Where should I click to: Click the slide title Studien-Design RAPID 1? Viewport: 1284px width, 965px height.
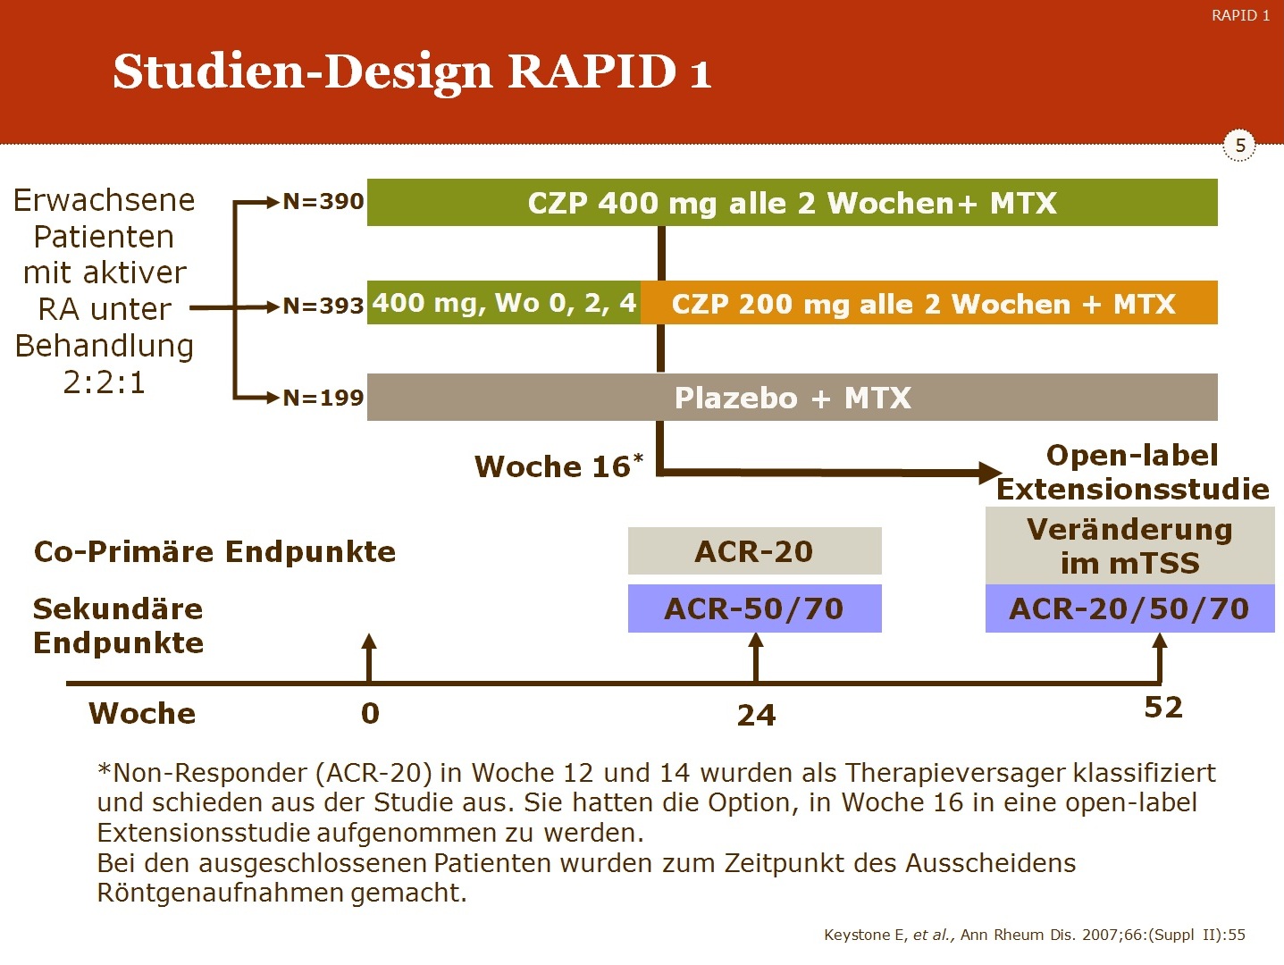[412, 72]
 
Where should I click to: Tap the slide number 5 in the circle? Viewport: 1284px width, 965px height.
[1239, 145]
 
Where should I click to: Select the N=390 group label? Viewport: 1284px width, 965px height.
[323, 202]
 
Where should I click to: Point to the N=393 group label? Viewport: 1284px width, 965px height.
[323, 306]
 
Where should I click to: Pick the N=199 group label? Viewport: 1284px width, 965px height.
[323, 399]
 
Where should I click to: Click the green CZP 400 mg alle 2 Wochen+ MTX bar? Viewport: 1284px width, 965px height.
[792, 202]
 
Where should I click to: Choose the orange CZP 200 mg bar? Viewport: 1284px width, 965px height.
[929, 303]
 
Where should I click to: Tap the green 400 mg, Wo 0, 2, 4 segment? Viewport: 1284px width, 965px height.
[504, 303]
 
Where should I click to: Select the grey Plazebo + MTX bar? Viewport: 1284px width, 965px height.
[792, 397]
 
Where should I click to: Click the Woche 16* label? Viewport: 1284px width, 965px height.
[558, 466]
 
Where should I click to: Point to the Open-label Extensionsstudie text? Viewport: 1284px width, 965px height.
[1132, 472]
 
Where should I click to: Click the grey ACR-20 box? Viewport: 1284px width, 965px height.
[755, 551]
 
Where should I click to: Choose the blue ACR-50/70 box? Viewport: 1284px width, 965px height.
[755, 608]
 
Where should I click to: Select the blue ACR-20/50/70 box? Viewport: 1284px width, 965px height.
[1129, 608]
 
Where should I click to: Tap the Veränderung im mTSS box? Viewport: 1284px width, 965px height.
[1129, 546]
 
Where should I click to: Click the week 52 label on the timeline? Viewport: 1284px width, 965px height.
[1162, 708]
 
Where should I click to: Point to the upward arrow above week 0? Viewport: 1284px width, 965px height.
[369, 658]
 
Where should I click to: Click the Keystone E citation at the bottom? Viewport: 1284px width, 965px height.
[1034, 935]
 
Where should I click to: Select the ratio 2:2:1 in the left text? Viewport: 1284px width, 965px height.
[105, 383]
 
